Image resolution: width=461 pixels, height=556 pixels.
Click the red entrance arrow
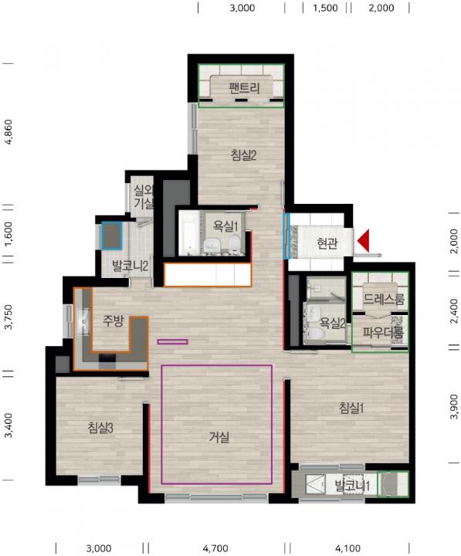[x=363, y=241]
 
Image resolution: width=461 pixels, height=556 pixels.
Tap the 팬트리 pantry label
[x=244, y=87]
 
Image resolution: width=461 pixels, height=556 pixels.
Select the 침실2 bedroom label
[x=243, y=155]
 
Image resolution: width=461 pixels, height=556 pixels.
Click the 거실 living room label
[x=219, y=437]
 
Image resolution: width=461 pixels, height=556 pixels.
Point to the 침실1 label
[x=351, y=409]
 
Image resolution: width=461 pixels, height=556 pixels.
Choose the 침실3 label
[x=100, y=428]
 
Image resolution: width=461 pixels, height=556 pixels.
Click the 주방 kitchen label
[x=113, y=321]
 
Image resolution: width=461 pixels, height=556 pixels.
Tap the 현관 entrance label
[x=327, y=243]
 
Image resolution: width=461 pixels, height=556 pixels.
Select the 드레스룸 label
[x=384, y=300]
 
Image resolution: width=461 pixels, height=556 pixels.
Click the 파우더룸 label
[x=383, y=333]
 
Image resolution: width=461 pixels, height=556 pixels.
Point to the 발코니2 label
[x=130, y=266]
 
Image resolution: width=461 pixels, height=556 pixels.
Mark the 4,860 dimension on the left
[x=8, y=132]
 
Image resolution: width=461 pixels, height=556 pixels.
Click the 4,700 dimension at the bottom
[x=215, y=548]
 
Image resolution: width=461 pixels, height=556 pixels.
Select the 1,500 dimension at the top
[x=325, y=8]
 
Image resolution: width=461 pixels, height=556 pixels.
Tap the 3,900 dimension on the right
[x=453, y=407]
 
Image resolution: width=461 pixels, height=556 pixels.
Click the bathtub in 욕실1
[x=188, y=233]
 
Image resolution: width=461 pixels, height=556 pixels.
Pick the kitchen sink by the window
[x=84, y=321]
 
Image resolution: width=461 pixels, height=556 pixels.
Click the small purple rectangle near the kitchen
[x=173, y=342]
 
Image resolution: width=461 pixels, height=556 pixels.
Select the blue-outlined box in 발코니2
[x=111, y=235]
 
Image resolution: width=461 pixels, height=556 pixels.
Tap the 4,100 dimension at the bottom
[x=348, y=548]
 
